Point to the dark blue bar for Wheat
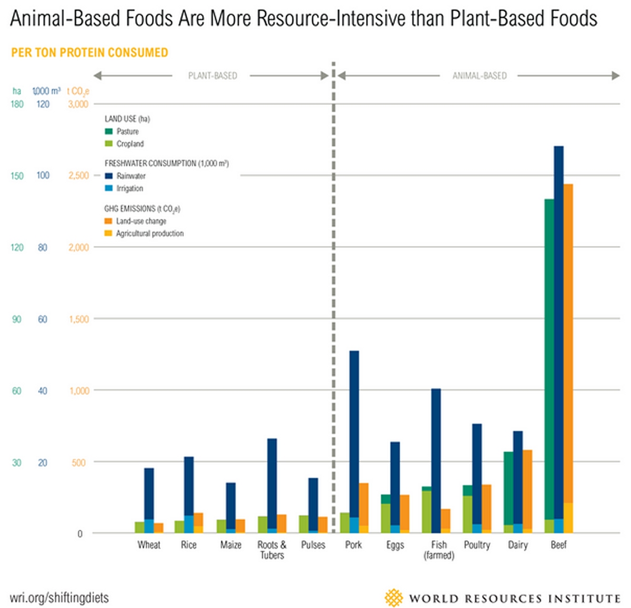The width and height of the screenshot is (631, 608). [x=149, y=494]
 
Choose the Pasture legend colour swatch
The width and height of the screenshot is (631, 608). [x=109, y=131]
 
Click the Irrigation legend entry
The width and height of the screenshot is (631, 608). [x=129, y=188]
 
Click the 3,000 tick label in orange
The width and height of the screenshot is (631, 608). [x=78, y=104]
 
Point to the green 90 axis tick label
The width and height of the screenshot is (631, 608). [x=17, y=319]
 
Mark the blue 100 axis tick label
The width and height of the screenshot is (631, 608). [x=43, y=175]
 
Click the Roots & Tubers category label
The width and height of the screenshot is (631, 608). [x=272, y=550]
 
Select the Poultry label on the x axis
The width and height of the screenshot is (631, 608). [x=477, y=545]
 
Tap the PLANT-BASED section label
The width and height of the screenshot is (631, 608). [x=212, y=76]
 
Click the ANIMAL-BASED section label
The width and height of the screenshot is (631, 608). [x=480, y=76]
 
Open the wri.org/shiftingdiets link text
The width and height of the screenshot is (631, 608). [x=59, y=597]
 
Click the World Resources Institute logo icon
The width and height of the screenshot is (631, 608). [x=393, y=598]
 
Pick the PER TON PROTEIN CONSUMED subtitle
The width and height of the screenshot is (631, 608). [x=89, y=53]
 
